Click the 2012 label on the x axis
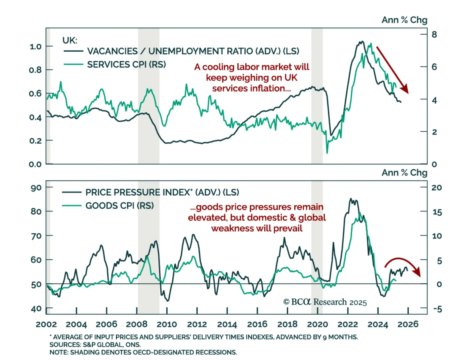[197, 324]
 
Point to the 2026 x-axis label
[408, 324]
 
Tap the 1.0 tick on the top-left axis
[35, 46]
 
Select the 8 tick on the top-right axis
[434, 35]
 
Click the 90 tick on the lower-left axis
[36, 188]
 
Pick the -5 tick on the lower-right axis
[438, 309]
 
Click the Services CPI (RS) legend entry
[126, 64]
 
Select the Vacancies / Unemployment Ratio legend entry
[193, 51]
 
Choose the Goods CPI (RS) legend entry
[119, 206]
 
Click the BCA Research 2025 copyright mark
[325, 302]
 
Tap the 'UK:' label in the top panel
[70, 40]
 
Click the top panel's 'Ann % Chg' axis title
[404, 20]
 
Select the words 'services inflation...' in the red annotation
[251, 88]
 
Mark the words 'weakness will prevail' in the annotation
[257, 228]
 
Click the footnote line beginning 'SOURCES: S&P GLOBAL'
[95, 345]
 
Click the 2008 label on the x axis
[137, 324]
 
